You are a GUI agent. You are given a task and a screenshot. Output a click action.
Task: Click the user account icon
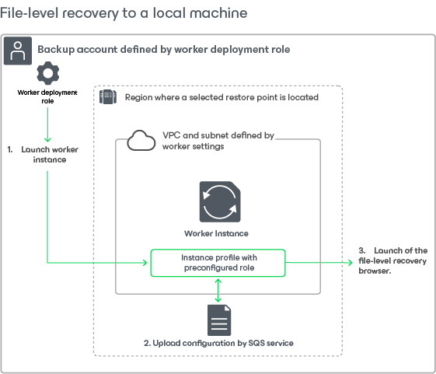(x=18, y=51)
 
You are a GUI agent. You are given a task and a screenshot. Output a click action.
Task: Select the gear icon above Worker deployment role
(x=48, y=73)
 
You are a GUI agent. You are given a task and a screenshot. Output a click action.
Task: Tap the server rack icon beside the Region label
(x=108, y=97)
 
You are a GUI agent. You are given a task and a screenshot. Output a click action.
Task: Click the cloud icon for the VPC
(x=141, y=141)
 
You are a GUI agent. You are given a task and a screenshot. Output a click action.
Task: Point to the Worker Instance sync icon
(x=220, y=201)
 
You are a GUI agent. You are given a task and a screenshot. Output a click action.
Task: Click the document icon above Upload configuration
(x=219, y=320)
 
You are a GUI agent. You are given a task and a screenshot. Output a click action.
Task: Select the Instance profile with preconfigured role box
(x=218, y=263)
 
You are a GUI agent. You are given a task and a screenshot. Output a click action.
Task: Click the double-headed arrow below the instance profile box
(x=218, y=291)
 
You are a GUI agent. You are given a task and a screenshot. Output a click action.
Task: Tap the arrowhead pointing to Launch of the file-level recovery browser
(x=351, y=262)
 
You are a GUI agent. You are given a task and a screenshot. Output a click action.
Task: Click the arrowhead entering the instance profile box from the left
(x=145, y=262)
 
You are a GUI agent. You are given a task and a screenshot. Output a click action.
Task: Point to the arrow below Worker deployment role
(x=47, y=124)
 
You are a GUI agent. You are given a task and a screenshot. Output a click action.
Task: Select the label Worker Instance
(x=216, y=233)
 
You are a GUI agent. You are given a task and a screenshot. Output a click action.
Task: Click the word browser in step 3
(x=375, y=271)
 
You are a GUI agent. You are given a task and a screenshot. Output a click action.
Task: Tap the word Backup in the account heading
(x=57, y=49)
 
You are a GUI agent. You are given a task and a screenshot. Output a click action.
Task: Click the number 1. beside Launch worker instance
(x=10, y=149)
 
